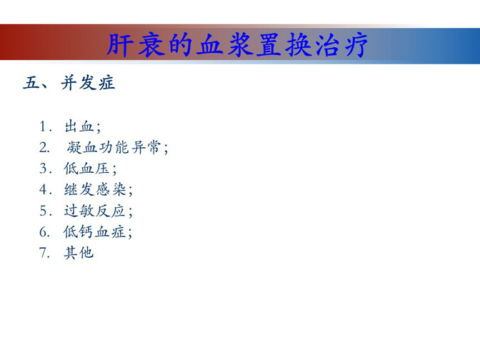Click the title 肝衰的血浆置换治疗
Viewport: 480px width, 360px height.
[x=238, y=45]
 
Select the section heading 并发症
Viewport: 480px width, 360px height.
[x=88, y=83]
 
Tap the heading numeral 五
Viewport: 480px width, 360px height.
[x=31, y=83]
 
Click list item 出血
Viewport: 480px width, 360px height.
[x=79, y=126]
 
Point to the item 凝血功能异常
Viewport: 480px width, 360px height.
[x=114, y=147]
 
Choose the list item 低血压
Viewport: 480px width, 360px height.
[x=86, y=169]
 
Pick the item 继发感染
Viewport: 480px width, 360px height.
[x=95, y=189]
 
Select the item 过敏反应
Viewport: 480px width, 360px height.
[x=94, y=211]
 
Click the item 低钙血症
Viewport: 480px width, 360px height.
[x=94, y=231]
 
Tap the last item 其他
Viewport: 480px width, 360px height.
[x=79, y=253]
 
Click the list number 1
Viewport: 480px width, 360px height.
[x=43, y=126]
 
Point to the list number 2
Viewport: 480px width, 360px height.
[x=44, y=148]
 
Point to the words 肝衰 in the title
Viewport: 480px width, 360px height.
[x=134, y=45]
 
